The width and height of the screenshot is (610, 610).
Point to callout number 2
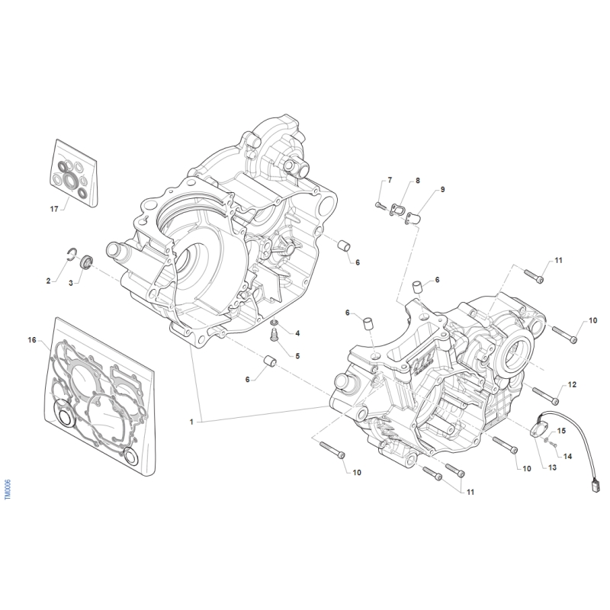tap(47, 281)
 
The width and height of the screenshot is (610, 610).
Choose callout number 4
tap(297, 334)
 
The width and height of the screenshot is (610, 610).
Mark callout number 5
tap(297, 356)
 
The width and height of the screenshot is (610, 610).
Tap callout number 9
tap(442, 189)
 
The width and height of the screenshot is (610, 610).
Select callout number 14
tap(568, 456)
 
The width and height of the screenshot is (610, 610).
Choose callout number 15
tap(562, 432)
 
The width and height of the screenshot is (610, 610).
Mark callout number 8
tap(418, 181)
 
